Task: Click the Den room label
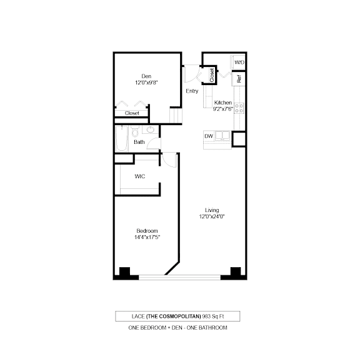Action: pyautogui.click(x=146, y=76)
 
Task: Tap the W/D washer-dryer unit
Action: pyautogui.click(x=238, y=62)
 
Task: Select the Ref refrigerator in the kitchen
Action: pyautogui.click(x=239, y=79)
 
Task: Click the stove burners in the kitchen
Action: pyautogui.click(x=239, y=108)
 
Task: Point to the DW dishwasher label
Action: pyautogui.click(x=209, y=136)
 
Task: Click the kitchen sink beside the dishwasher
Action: pyautogui.click(x=222, y=136)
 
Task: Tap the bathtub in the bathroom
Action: pyautogui.click(x=122, y=138)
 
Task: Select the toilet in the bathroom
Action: pyautogui.click(x=135, y=131)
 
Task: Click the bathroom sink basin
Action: pyautogui.click(x=151, y=130)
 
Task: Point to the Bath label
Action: pyautogui.click(x=139, y=142)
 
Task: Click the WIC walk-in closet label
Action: pyautogui.click(x=140, y=176)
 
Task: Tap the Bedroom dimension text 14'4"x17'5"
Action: pyautogui.click(x=147, y=237)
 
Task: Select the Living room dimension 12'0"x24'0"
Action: pyautogui.click(x=212, y=216)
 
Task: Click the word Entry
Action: pyautogui.click(x=192, y=91)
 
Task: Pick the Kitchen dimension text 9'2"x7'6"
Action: pyautogui.click(x=223, y=109)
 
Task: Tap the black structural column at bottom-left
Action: pyautogui.click(x=124, y=273)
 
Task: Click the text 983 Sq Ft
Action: pyautogui.click(x=213, y=317)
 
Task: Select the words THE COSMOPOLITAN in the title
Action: pyautogui.click(x=174, y=317)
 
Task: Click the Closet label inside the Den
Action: pyautogui.click(x=132, y=113)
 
